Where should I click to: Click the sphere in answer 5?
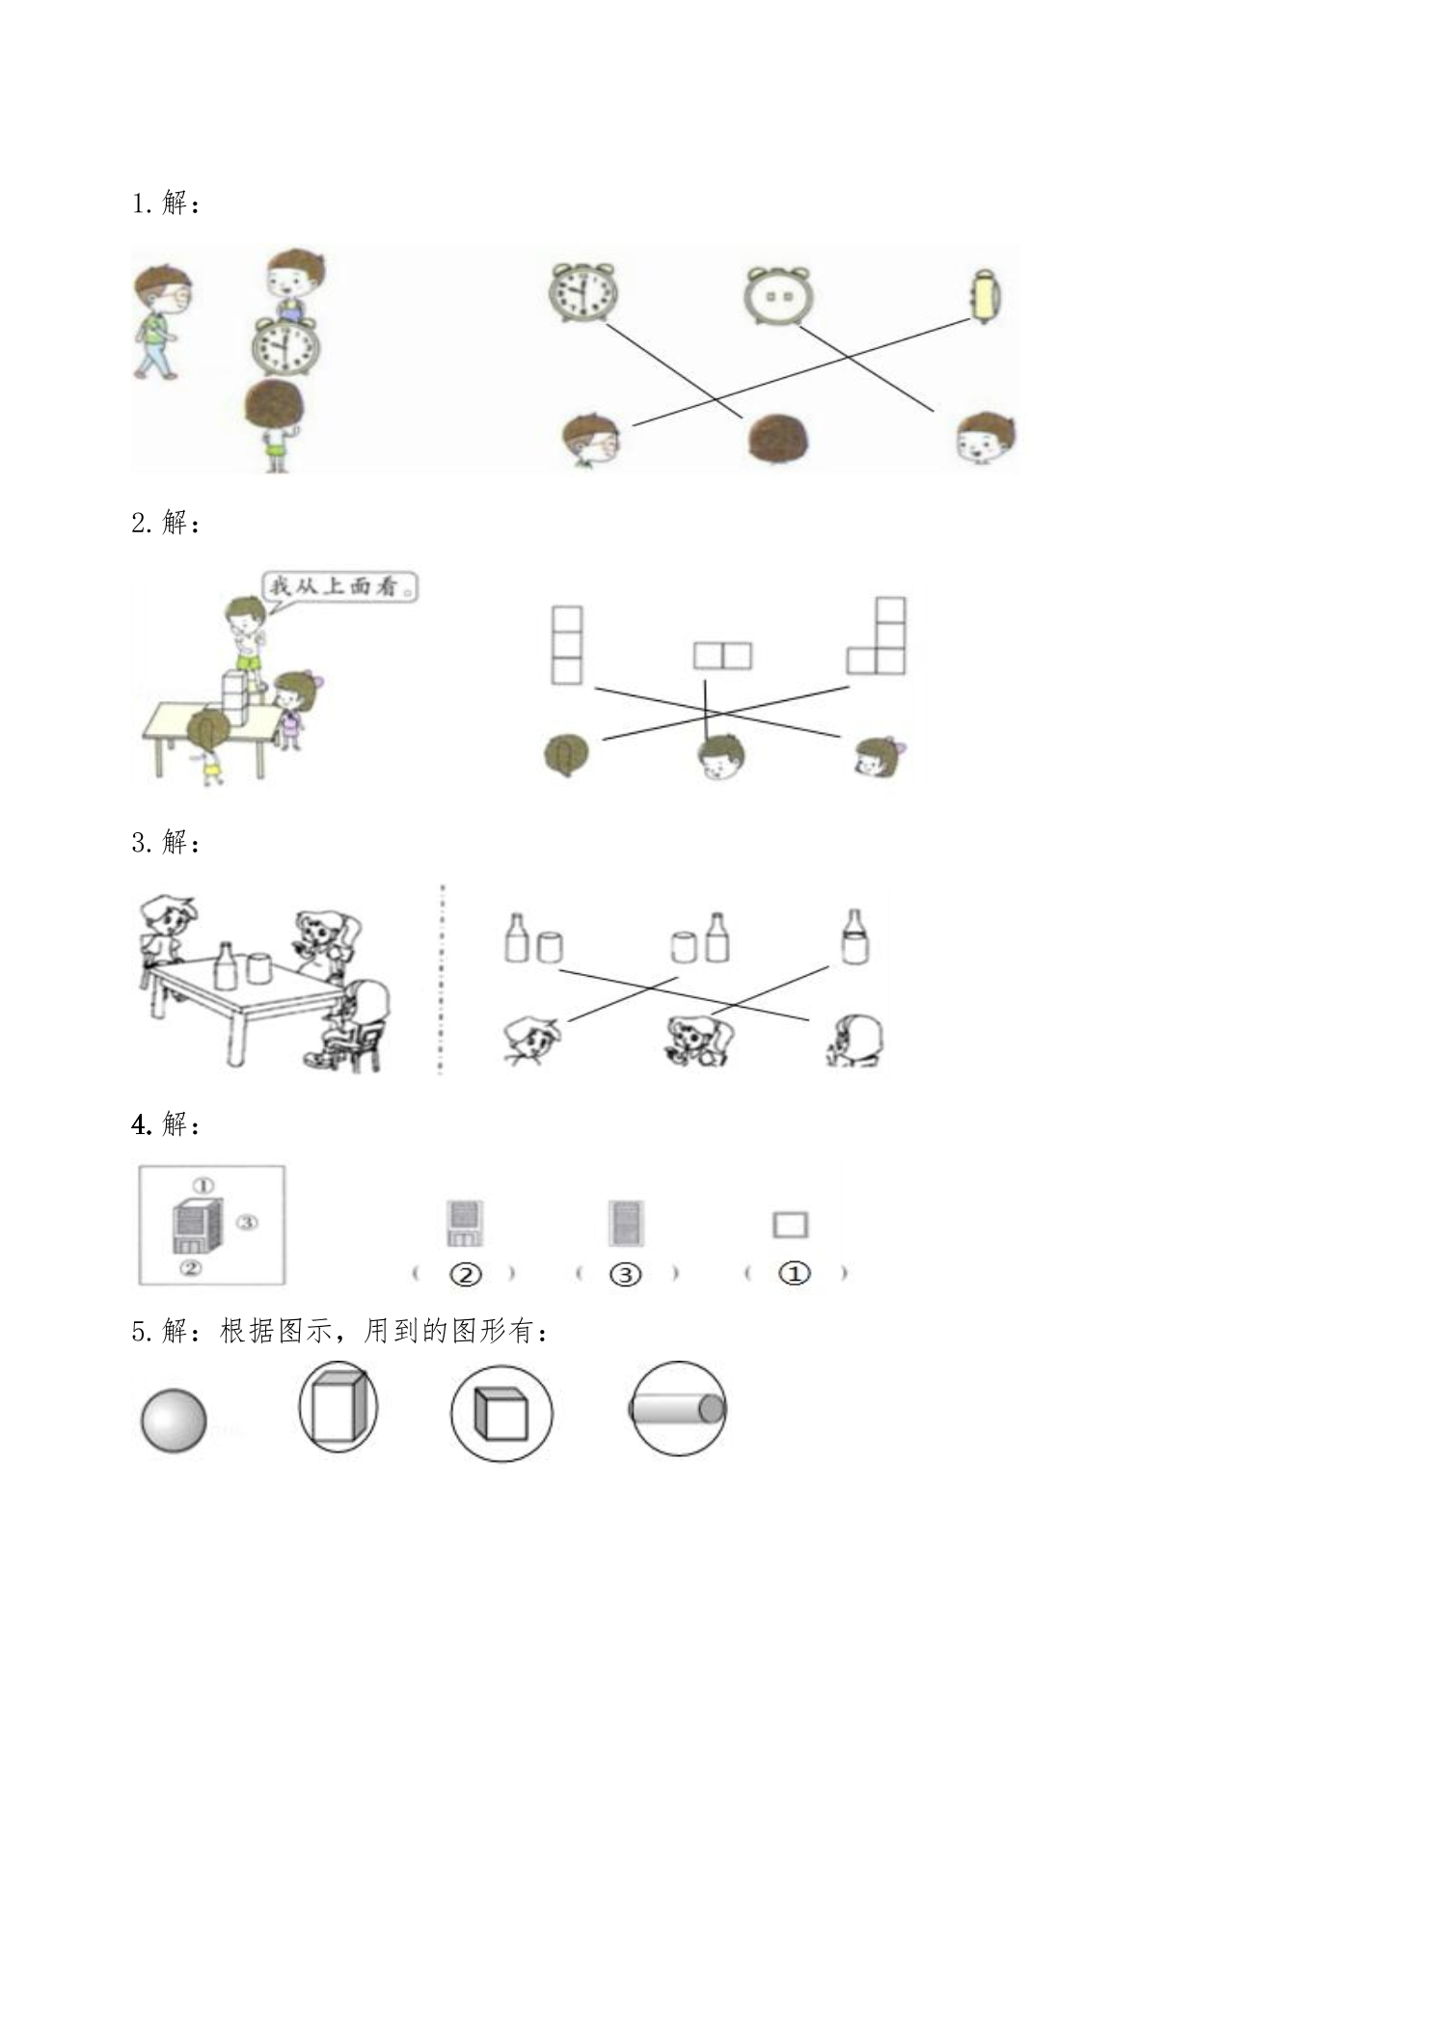[174, 1420]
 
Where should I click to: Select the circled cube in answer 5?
[501, 1414]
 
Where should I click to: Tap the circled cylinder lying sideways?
[677, 1408]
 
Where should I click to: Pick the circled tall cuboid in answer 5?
[338, 1407]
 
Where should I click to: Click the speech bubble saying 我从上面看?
[340, 585]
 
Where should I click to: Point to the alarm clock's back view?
[778, 295]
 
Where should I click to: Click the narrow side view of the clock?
[985, 296]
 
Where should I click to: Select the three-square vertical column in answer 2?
[567, 645]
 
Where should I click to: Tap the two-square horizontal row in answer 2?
[722, 656]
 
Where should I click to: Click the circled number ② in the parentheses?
[465, 1275]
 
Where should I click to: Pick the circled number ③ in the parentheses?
[625, 1275]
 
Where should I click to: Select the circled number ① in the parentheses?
[794, 1274]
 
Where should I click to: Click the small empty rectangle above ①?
[791, 1225]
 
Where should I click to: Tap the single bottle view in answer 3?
[854, 936]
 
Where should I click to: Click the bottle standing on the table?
[225, 965]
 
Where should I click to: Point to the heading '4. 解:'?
[166, 1124]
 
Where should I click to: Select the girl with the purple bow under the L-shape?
[880, 757]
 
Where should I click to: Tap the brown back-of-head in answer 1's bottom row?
[778, 440]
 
